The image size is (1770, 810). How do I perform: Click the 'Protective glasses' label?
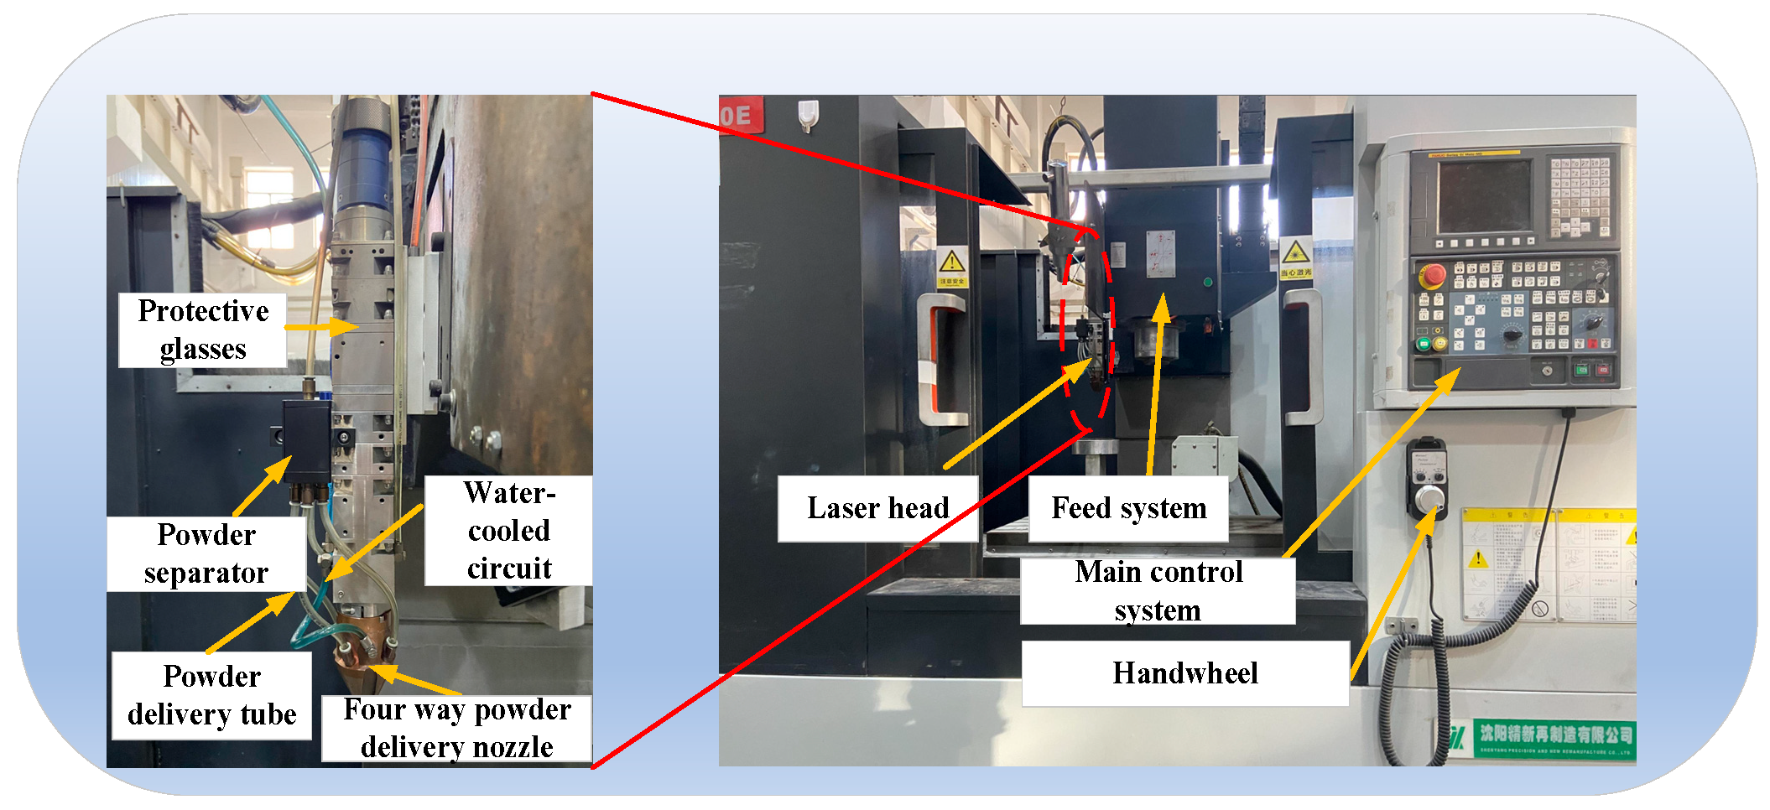(x=203, y=330)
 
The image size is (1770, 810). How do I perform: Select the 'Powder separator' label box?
(x=206, y=553)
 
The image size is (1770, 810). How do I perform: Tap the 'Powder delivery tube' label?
(x=211, y=695)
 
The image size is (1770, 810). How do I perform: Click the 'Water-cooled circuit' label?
(x=508, y=530)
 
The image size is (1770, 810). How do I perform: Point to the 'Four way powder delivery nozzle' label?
(x=457, y=728)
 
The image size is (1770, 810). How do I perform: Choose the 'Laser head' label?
(x=877, y=508)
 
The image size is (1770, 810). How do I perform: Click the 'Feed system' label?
(x=1128, y=508)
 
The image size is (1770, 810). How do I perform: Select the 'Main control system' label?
(x=1158, y=590)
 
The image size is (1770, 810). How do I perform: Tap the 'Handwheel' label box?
(x=1184, y=673)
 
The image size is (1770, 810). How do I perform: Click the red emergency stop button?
(x=1432, y=274)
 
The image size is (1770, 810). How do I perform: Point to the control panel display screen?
(x=1484, y=196)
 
